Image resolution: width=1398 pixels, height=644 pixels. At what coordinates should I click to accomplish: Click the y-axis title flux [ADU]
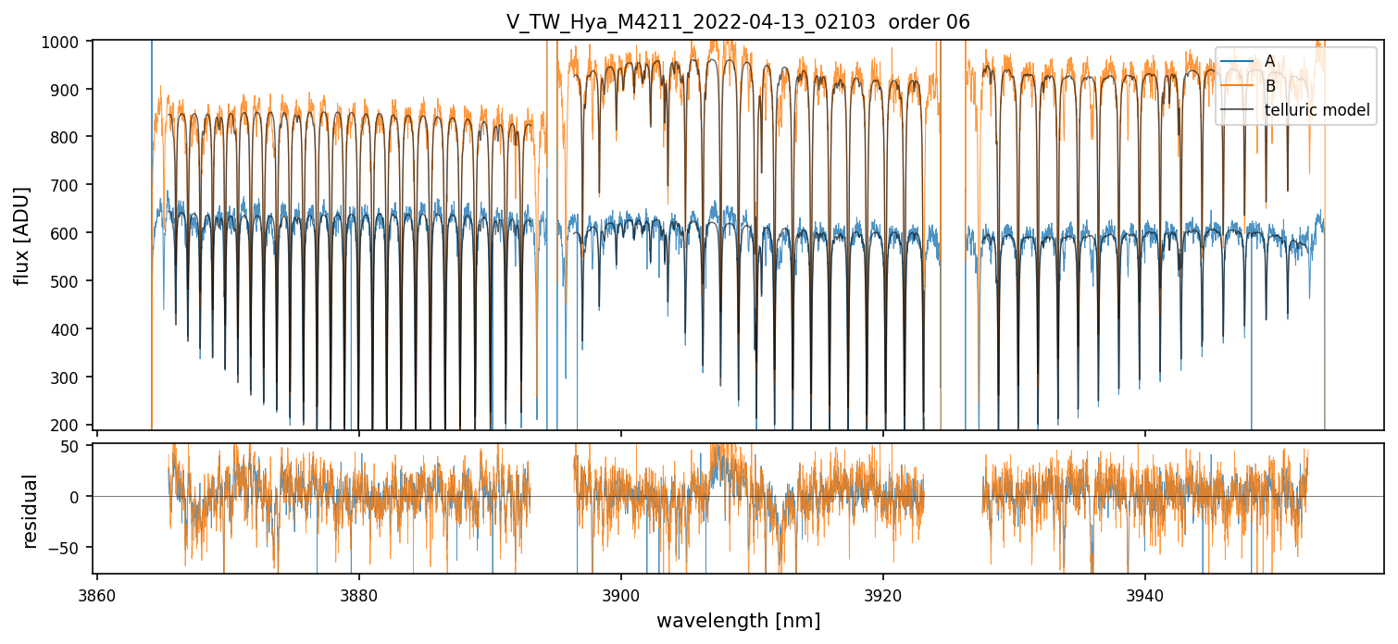(21, 235)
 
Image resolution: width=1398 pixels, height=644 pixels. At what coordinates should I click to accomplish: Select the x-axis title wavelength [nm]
(738, 621)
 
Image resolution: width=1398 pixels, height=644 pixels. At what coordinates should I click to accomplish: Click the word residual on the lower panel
(30, 511)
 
